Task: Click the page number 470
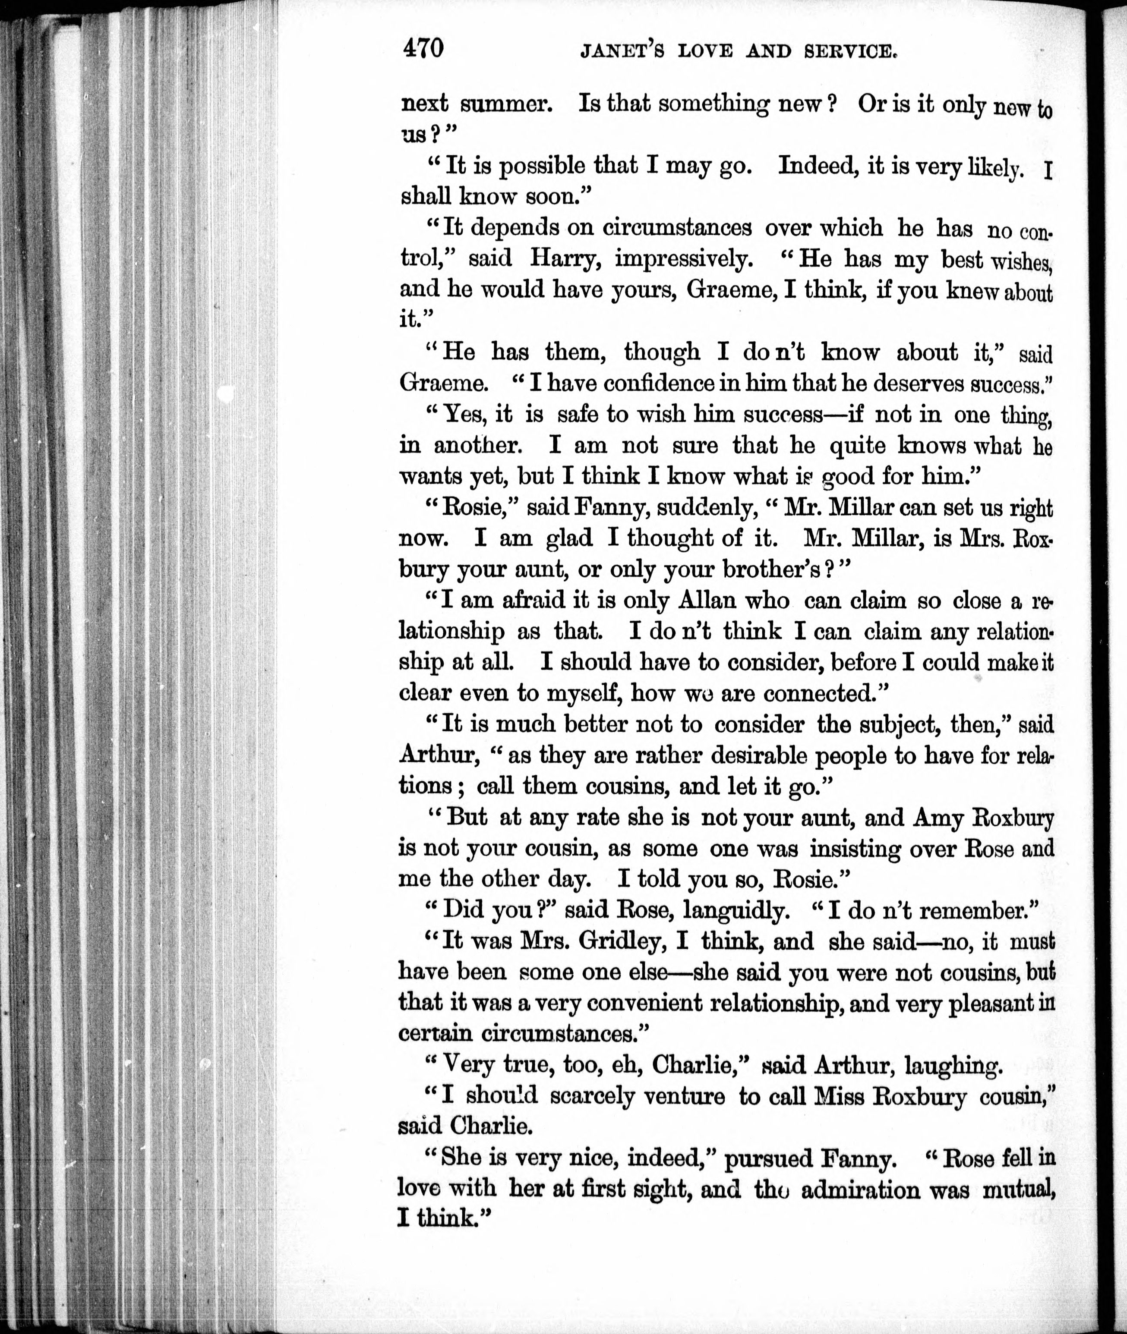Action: (x=422, y=47)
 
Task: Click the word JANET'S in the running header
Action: (x=622, y=51)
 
